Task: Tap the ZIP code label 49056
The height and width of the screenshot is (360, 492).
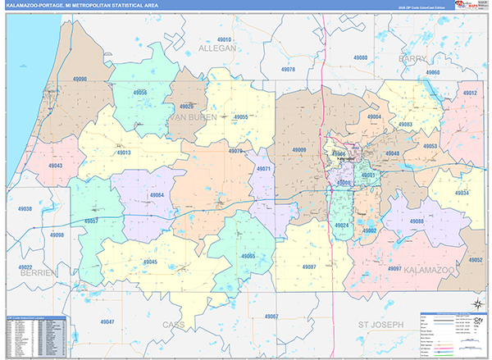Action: point(140,93)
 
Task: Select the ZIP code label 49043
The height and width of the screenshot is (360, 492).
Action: point(56,166)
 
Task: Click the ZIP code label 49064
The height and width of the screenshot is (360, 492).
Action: point(157,194)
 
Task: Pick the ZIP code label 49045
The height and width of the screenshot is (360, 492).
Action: point(150,262)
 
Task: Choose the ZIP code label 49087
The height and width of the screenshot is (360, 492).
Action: point(309,267)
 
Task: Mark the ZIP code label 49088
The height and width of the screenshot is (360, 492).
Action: point(417,221)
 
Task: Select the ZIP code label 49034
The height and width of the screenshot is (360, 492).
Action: point(461,193)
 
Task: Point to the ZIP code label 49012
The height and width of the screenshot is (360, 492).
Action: point(469,93)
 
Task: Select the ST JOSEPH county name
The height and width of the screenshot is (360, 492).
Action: point(381,325)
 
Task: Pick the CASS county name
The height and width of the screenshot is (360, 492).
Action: point(196,325)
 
